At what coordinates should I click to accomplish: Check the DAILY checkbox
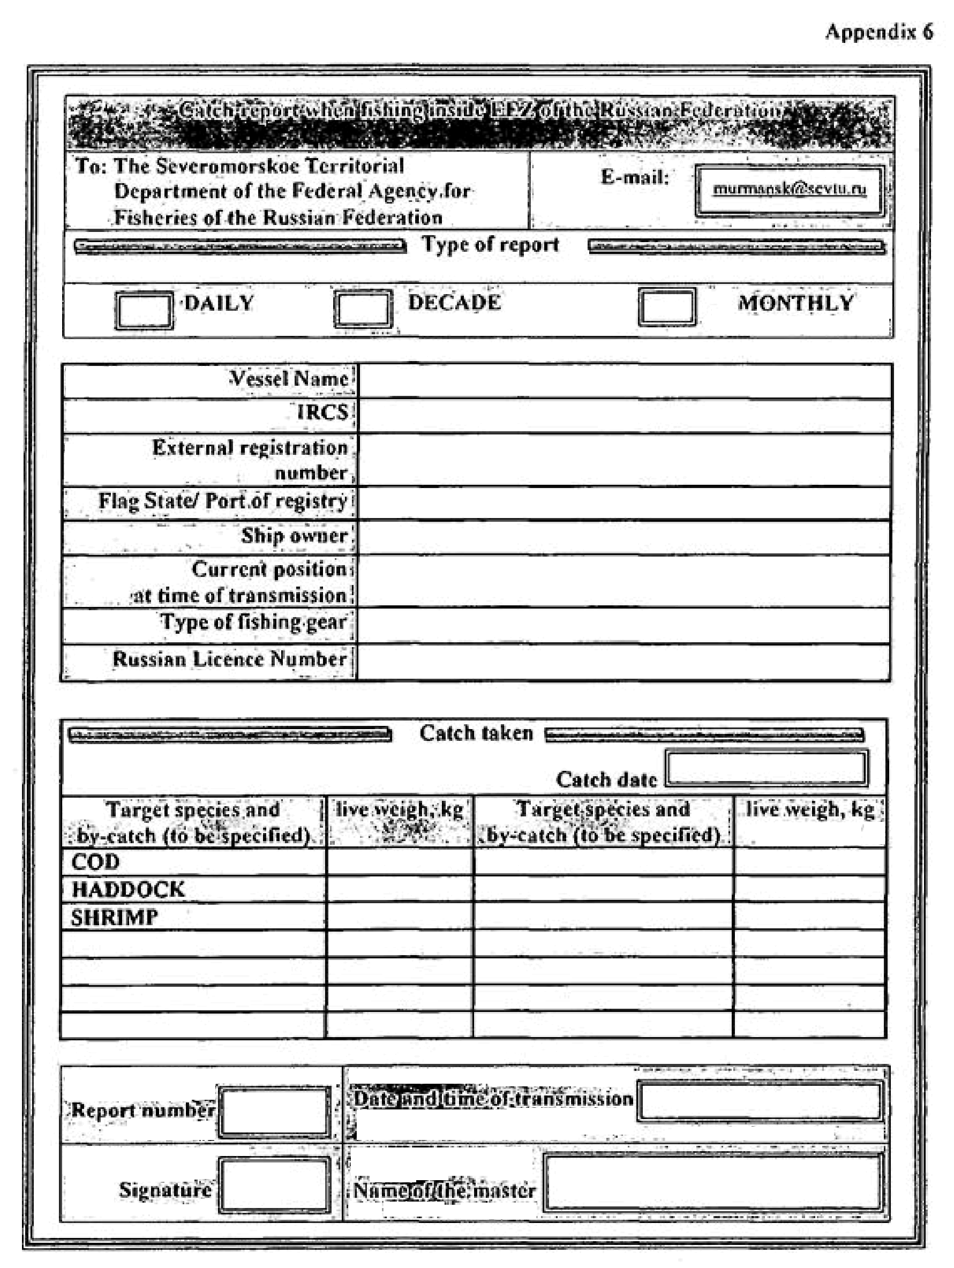point(144,310)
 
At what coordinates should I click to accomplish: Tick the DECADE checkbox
point(363,309)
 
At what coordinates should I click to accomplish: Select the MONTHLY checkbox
point(667,306)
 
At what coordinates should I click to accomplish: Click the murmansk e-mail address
point(790,189)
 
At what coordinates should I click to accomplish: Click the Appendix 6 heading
point(879,32)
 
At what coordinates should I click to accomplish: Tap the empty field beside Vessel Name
point(625,381)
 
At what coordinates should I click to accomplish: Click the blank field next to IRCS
point(625,415)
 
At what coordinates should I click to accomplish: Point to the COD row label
point(96,861)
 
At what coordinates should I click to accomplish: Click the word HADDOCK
point(128,889)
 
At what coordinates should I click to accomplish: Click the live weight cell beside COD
point(400,861)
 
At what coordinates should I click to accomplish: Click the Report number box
point(275,1111)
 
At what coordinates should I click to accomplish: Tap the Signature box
point(275,1185)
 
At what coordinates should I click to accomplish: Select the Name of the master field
point(712,1183)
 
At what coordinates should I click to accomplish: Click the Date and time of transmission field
point(760,1100)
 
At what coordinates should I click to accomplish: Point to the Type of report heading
point(490,245)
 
